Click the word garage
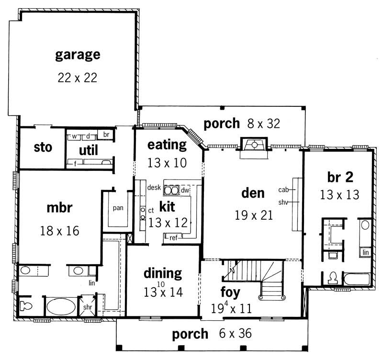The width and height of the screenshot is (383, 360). pos(78,54)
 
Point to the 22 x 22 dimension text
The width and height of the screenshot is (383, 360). pos(78,77)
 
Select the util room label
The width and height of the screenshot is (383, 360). pos(89,150)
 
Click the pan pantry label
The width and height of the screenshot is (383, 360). pos(118,208)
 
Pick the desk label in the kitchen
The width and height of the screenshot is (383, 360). pos(153,187)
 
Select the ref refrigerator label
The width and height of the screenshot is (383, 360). pos(173,237)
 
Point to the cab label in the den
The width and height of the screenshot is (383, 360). pos(283,190)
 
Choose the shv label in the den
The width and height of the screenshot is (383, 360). pos(283,202)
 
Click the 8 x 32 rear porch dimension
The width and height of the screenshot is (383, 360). pos(263,124)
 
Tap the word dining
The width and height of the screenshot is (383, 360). pos(163,273)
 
